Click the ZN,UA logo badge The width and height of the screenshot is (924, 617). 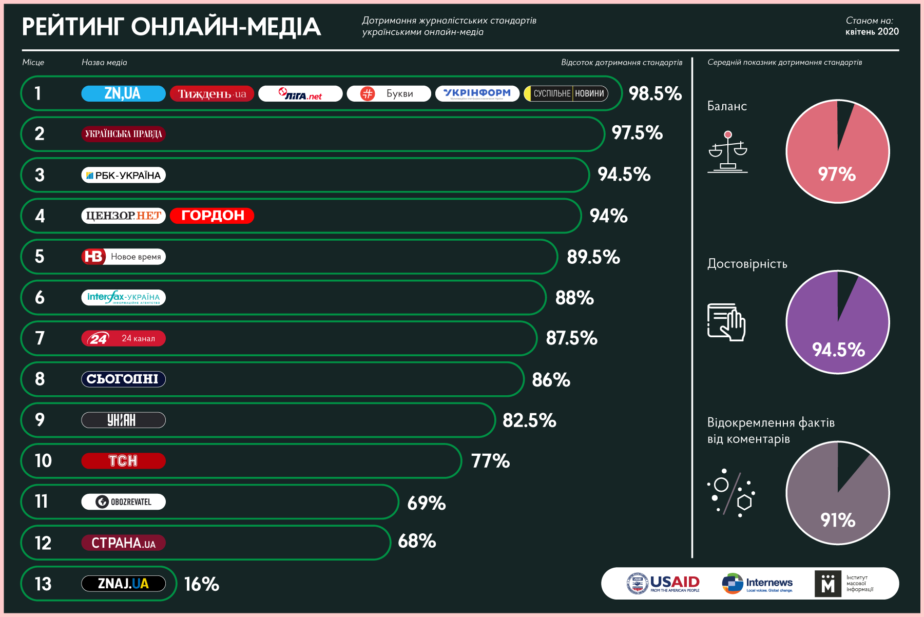pyautogui.click(x=123, y=93)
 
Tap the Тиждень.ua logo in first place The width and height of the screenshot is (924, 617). pyautogui.click(x=212, y=93)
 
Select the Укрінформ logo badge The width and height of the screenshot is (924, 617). pyautogui.click(x=477, y=93)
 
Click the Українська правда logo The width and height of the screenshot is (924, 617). pyautogui.click(x=123, y=134)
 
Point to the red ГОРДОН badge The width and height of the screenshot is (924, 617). pyautogui.click(x=212, y=216)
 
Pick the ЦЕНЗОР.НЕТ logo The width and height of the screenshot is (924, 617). pyautogui.click(x=123, y=216)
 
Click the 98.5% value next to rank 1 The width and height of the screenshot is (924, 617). pyautogui.click(x=655, y=93)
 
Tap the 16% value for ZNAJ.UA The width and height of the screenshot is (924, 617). pyautogui.click(x=201, y=584)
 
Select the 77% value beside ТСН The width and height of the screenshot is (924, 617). pyautogui.click(x=490, y=461)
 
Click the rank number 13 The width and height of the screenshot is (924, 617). pyautogui.click(x=43, y=584)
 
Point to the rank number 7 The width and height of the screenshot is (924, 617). pyautogui.click(x=40, y=338)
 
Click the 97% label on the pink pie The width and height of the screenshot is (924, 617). pyautogui.click(x=837, y=174)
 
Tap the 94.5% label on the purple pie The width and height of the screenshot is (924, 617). pyautogui.click(x=838, y=350)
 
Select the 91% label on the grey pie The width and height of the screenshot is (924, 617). pyautogui.click(x=838, y=520)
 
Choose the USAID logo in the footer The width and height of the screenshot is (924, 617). pyautogui.click(x=663, y=584)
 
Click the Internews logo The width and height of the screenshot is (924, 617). pyautogui.click(x=758, y=584)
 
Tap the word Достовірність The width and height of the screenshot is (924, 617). pyautogui.click(x=747, y=264)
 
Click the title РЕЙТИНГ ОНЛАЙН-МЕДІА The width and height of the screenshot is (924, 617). pyautogui.click(x=171, y=27)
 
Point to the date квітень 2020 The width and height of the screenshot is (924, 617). pyautogui.click(x=872, y=32)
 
